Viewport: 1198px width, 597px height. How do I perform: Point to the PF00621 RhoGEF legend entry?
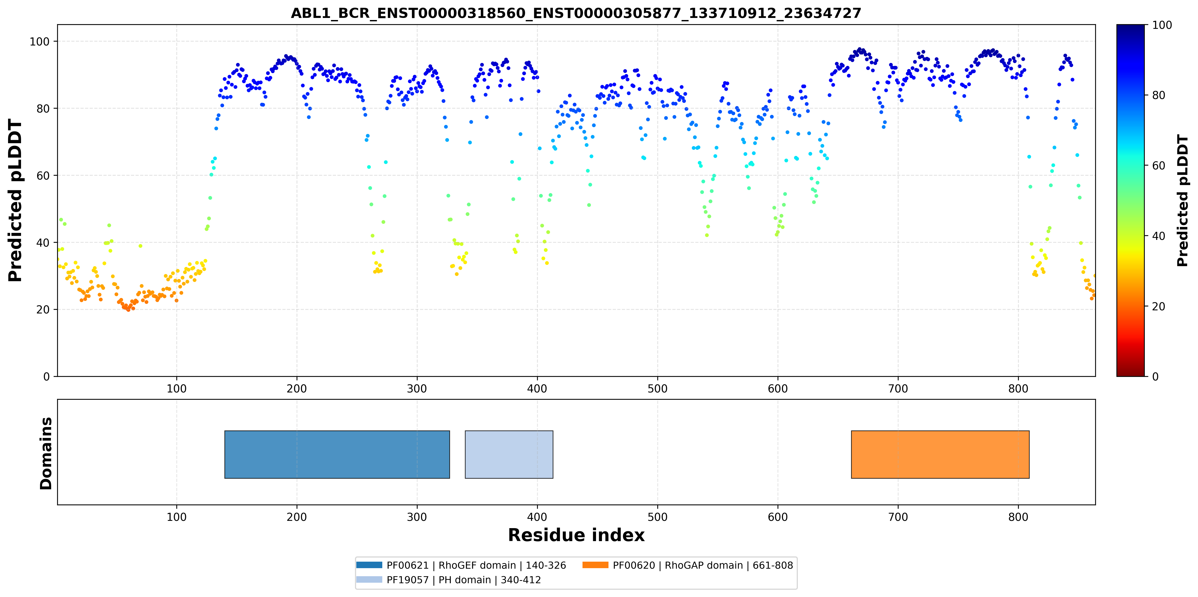[461, 565]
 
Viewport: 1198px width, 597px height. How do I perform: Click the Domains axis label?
[46, 453]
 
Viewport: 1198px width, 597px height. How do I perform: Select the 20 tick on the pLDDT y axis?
[43, 310]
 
